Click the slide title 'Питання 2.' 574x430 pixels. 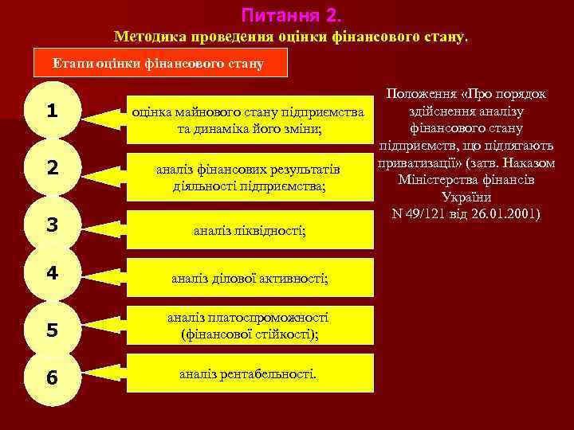pyautogui.click(x=290, y=15)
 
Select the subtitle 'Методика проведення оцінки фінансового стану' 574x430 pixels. pyautogui.click(x=292, y=37)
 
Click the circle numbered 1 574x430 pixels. pyautogui.click(x=52, y=112)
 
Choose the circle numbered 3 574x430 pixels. pyautogui.click(x=52, y=225)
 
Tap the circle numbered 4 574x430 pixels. pyautogui.click(x=52, y=273)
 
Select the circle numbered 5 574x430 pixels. pyautogui.click(x=52, y=328)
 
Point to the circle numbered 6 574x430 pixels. pyautogui.click(x=52, y=377)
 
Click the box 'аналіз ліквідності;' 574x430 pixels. pyautogui.click(x=250, y=230)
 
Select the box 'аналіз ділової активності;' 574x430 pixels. pyautogui.click(x=250, y=279)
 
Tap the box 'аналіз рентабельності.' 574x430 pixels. pyautogui.click(x=250, y=373)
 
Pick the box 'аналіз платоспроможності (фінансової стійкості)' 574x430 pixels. pyautogui.click(x=250, y=326)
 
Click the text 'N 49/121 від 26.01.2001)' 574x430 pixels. pyautogui.click(x=466, y=213)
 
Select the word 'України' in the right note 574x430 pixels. pyautogui.click(x=466, y=197)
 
